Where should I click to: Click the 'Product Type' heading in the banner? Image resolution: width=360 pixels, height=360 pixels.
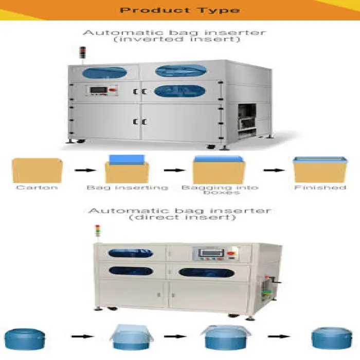(x=179, y=10)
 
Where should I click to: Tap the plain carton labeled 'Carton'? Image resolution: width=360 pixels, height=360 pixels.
(x=37, y=170)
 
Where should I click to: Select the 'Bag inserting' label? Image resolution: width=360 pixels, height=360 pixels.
(x=127, y=188)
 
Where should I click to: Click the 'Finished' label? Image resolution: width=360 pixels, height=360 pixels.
(x=320, y=188)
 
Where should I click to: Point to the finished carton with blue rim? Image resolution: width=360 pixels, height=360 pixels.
(x=320, y=169)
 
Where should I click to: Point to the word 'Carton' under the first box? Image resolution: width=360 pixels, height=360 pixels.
(x=37, y=188)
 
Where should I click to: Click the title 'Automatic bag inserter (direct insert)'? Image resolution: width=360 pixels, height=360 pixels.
(x=179, y=214)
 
